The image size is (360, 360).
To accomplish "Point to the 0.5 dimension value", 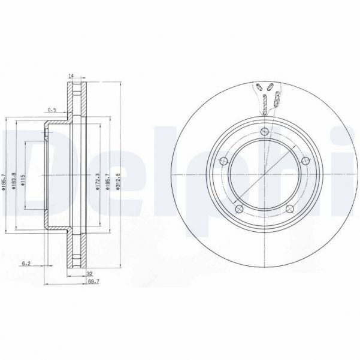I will pyautogui.click(x=52, y=110).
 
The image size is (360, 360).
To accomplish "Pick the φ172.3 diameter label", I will pyautogui.click(x=97, y=180).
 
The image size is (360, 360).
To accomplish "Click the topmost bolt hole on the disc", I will pyautogui.click(x=264, y=133).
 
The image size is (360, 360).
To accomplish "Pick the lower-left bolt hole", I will pyautogui.click(x=238, y=208).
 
